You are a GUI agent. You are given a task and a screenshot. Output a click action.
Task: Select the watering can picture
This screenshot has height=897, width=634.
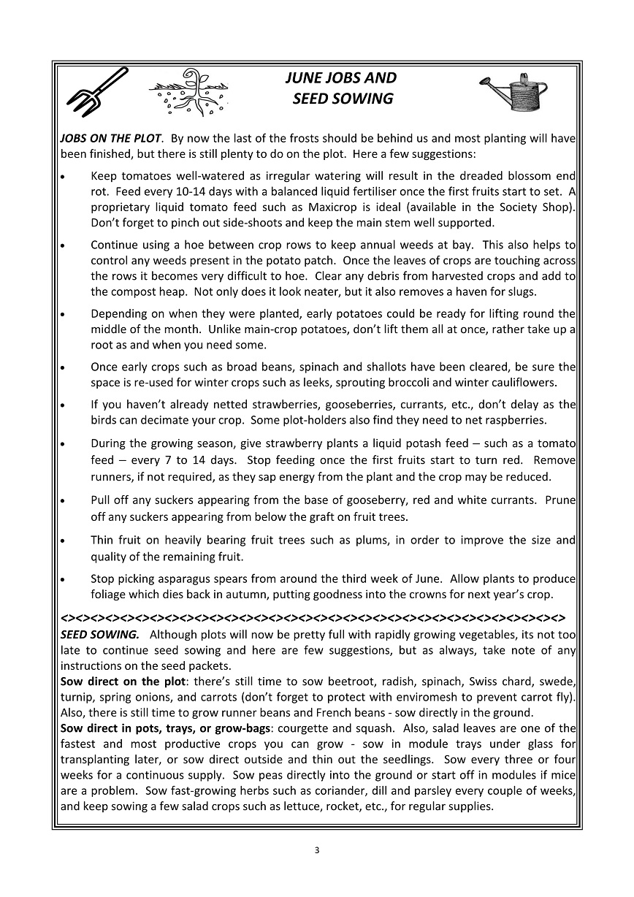[x=516, y=93]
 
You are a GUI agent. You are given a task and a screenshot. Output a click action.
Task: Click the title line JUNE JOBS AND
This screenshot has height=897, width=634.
[x=340, y=78]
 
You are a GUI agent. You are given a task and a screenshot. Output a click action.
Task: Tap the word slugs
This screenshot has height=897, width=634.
[x=519, y=292]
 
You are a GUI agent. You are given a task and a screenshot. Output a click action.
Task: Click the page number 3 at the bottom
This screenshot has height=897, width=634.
[x=317, y=850]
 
